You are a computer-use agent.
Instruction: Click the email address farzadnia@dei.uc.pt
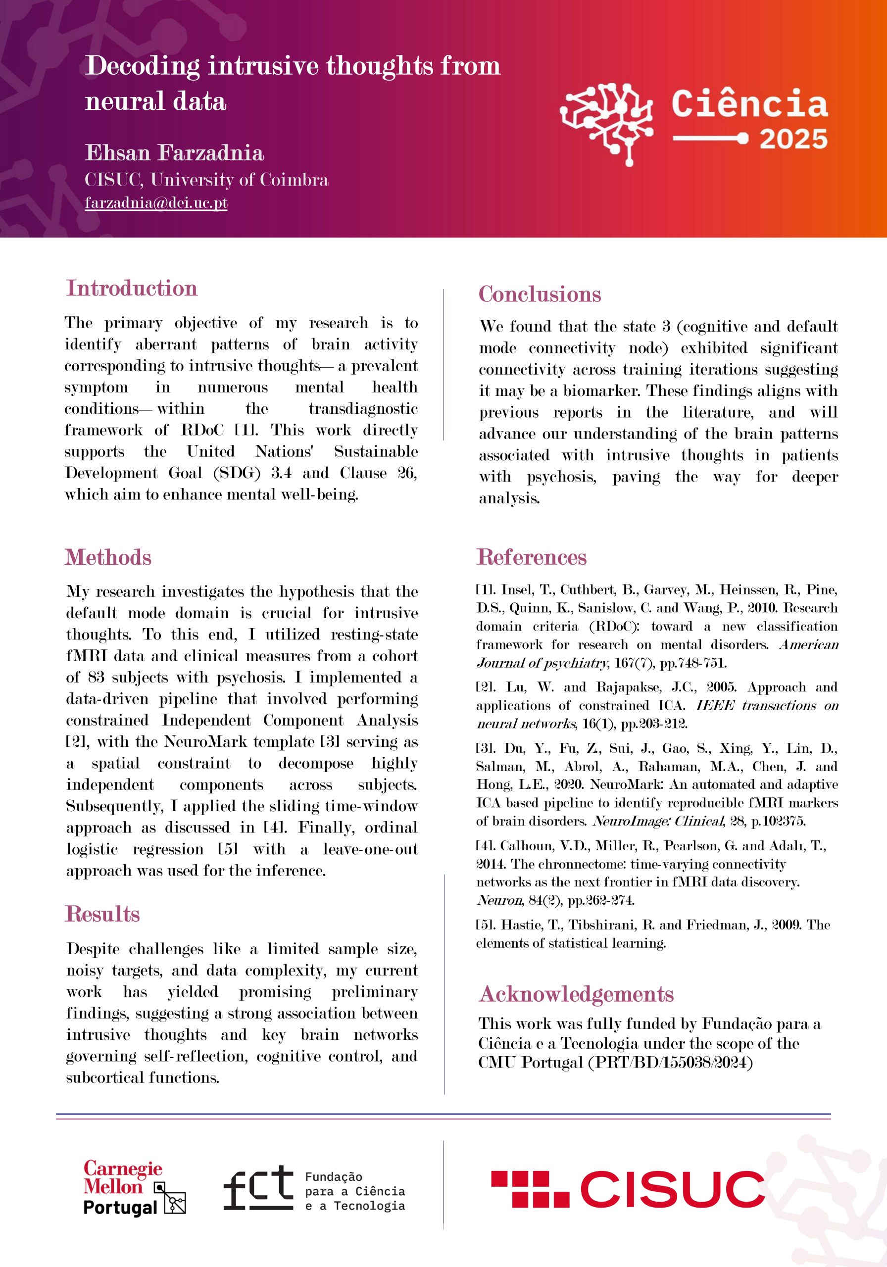156,203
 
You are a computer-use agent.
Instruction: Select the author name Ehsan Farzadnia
174,153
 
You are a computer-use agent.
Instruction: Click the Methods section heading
108,557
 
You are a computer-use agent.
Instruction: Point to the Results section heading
102,914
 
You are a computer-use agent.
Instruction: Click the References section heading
531,557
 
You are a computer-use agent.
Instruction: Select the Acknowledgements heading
576,994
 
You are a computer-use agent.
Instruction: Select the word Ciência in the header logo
749,104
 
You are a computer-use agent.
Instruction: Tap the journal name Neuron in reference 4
499,901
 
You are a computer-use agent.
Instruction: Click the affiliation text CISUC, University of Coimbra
206,180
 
